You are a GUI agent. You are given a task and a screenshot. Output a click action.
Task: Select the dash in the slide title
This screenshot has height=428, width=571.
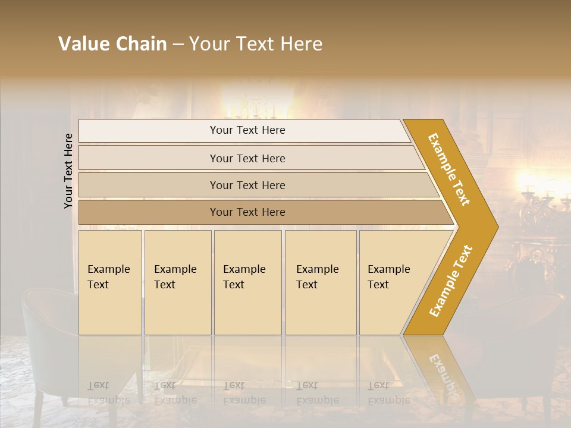click(178, 45)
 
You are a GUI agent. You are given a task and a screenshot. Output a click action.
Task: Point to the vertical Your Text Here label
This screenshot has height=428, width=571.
click(68, 171)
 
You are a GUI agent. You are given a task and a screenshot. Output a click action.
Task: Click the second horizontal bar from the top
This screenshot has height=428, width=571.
click(247, 158)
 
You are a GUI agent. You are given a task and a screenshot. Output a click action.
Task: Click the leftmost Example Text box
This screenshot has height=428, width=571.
click(110, 282)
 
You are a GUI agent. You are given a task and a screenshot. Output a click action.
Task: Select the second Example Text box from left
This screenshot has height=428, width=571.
click(178, 282)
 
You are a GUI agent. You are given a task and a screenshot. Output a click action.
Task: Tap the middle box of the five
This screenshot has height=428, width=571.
click(247, 282)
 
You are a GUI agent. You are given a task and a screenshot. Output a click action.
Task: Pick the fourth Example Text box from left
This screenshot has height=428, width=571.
click(321, 282)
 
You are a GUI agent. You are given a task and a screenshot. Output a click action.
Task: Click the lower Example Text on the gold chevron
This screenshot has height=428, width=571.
click(451, 281)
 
